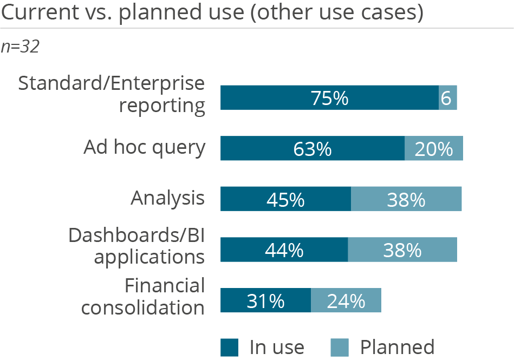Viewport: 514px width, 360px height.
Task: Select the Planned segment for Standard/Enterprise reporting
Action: [x=447, y=98]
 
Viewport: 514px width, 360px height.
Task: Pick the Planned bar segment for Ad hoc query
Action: [x=434, y=149]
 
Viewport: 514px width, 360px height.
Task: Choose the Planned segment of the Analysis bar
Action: [x=406, y=199]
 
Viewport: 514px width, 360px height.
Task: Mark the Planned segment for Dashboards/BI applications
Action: [x=402, y=250]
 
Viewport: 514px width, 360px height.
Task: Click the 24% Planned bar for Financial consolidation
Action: [x=346, y=300]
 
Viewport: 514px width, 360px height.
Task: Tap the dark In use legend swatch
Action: [x=229, y=347]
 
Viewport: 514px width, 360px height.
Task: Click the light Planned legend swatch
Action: [x=340, y=347]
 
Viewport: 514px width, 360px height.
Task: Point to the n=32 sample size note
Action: [x=20, y=47]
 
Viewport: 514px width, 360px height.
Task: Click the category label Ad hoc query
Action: [x=144, y=147]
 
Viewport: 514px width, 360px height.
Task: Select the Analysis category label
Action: [x=167, y=199]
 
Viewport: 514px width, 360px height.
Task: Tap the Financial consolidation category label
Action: [x=144, y=296]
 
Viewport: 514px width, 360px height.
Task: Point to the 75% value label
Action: [x=329, y=99]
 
